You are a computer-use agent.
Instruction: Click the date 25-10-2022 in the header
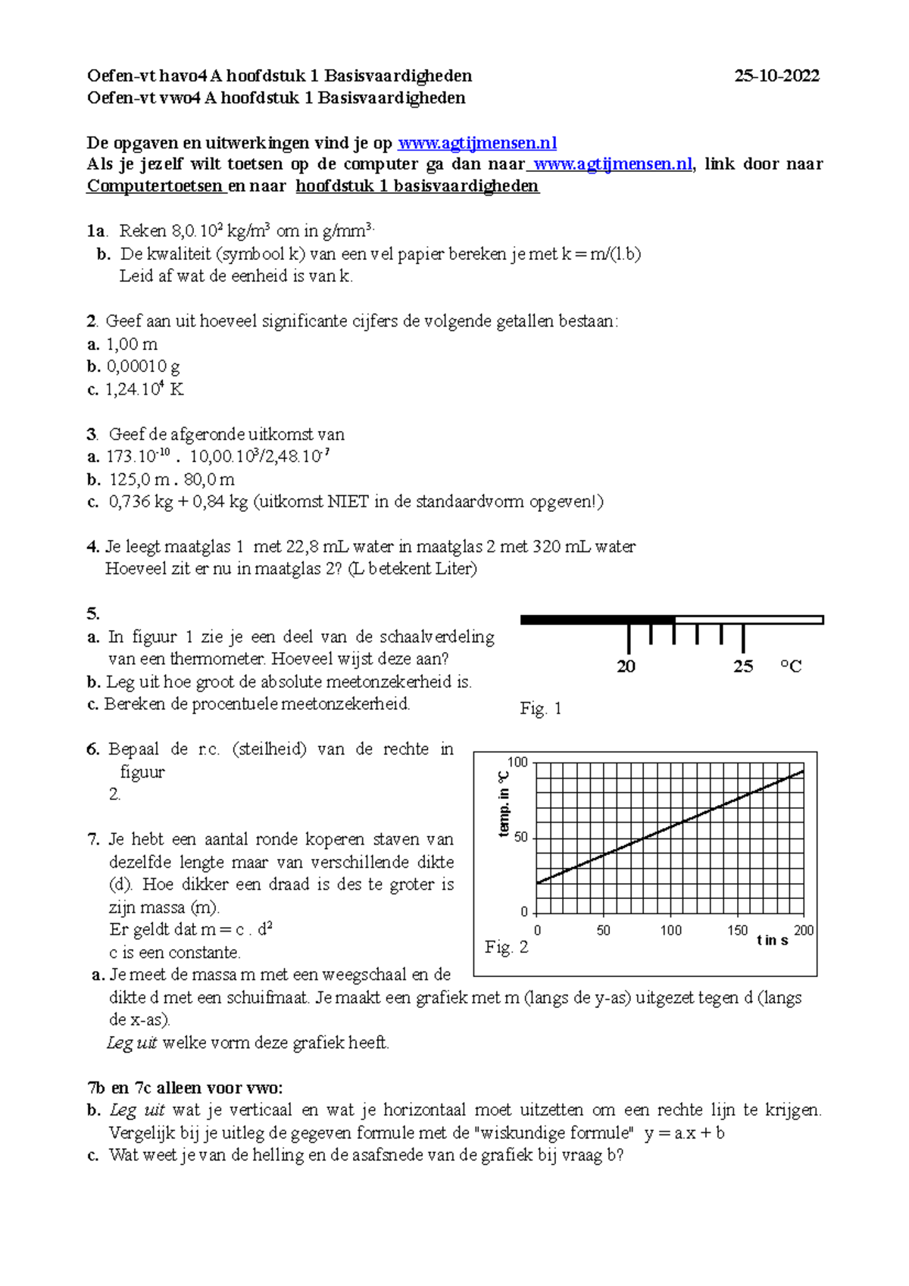776,76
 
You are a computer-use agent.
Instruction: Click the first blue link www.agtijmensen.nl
477,143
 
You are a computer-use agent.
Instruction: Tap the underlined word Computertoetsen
155,186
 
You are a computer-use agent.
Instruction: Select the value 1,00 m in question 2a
132,344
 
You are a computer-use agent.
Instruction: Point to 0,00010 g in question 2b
143,367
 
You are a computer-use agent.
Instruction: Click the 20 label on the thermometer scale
626,666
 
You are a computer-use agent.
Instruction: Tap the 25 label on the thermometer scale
742,666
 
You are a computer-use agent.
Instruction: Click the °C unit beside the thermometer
791,666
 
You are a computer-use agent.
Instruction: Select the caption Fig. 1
540,709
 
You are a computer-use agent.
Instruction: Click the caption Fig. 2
506,947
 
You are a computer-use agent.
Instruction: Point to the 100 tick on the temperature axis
517,763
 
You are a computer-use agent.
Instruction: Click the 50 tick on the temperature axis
520,838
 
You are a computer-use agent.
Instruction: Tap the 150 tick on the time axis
737,930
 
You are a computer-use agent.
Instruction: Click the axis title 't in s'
772,941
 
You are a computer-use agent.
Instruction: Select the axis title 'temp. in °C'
504,804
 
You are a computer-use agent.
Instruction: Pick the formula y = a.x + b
684,1133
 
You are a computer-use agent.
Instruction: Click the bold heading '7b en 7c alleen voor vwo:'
185,1088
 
